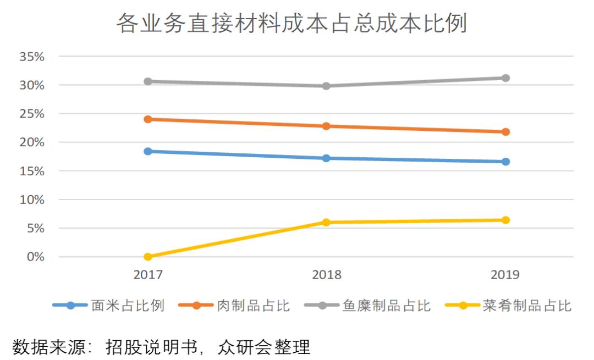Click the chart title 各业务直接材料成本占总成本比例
[291, 24]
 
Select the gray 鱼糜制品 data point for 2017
[147, 81]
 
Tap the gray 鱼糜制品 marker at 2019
[505, 78]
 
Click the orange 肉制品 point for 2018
[326, 126]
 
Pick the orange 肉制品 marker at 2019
[505, 132]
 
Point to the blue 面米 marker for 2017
[147, 151]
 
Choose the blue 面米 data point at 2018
[326, 158]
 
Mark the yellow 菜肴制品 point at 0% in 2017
[147, 257]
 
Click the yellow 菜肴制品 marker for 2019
[505, 220]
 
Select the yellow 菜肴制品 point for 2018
[326, 223]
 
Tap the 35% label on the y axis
[31, 57]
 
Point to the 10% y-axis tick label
[31, 200]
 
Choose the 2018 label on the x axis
[327, 275]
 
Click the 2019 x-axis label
[504, 275]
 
